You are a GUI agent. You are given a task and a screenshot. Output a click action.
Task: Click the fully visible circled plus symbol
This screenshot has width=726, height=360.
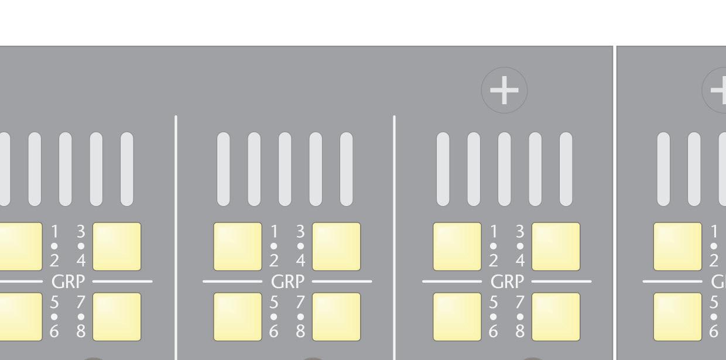coord(504,90)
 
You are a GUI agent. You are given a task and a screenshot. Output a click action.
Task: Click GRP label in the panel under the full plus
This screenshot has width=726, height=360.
coord(506,282)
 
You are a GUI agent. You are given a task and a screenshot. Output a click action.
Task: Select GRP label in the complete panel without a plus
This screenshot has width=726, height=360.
coord(287,282)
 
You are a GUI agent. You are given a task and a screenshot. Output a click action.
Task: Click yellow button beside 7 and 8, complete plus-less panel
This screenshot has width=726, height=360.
coord(336,317)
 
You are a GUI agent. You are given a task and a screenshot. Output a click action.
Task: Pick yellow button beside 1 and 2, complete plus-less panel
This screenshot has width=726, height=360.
coord(237,246)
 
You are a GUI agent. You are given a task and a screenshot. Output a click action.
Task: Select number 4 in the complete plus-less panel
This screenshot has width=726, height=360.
coord(300,260)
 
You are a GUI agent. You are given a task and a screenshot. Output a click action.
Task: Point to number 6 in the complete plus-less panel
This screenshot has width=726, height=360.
coord(273,332)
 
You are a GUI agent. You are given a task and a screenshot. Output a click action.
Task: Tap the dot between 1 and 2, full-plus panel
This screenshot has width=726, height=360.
coord(493,246)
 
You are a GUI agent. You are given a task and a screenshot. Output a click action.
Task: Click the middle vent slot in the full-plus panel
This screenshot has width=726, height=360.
coord(504,169)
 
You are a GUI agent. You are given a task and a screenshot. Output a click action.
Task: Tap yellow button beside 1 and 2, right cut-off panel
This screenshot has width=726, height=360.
coord(677,246)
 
